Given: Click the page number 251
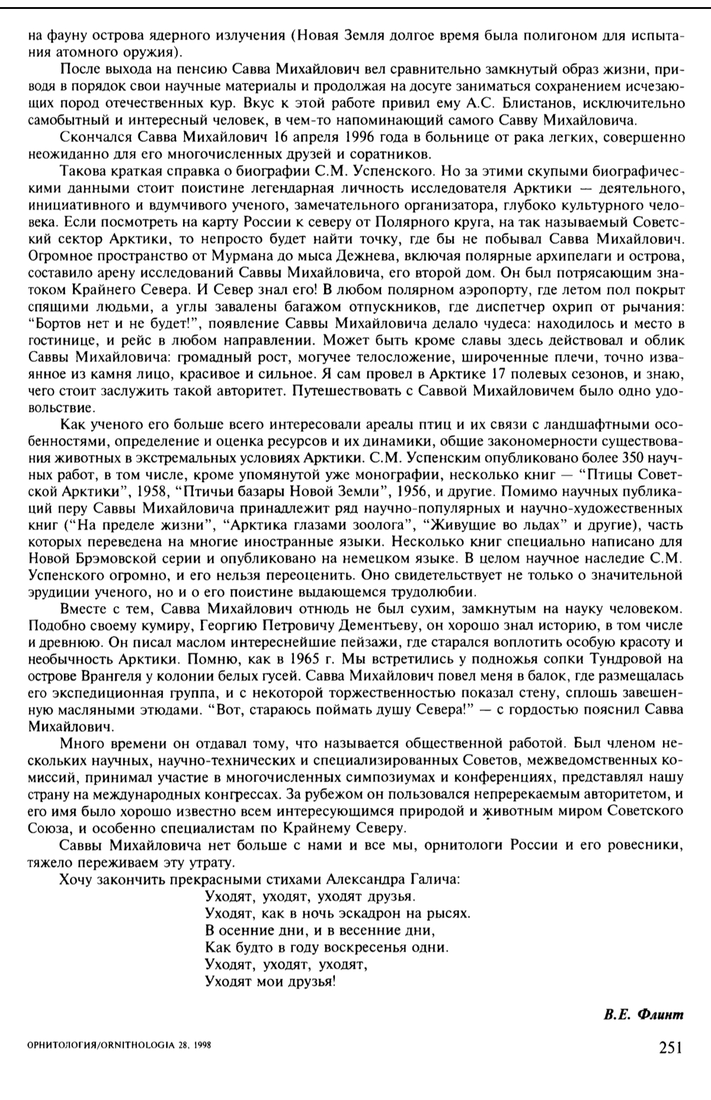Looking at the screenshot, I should coord(671,1047).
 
